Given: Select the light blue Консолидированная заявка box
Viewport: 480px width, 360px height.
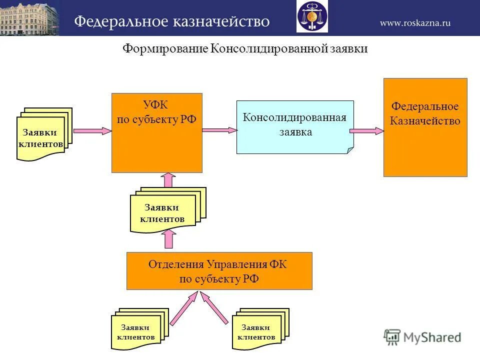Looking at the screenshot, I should [294, 127].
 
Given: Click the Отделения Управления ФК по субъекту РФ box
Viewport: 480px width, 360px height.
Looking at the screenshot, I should [219, 271].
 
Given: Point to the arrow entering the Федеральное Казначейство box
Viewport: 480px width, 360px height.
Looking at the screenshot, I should [366, 130].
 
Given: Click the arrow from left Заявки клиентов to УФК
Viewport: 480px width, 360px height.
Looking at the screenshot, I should [92, 130].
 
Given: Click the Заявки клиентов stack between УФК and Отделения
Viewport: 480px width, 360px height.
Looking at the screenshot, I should [167, 210].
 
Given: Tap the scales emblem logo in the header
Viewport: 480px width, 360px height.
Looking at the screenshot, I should [312, 17].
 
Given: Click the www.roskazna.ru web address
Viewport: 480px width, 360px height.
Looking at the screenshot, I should [415, 22].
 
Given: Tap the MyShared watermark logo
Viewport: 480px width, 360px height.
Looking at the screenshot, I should [422, 337].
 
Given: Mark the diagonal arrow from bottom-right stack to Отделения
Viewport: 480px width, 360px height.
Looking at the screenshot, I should [215, 308].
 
